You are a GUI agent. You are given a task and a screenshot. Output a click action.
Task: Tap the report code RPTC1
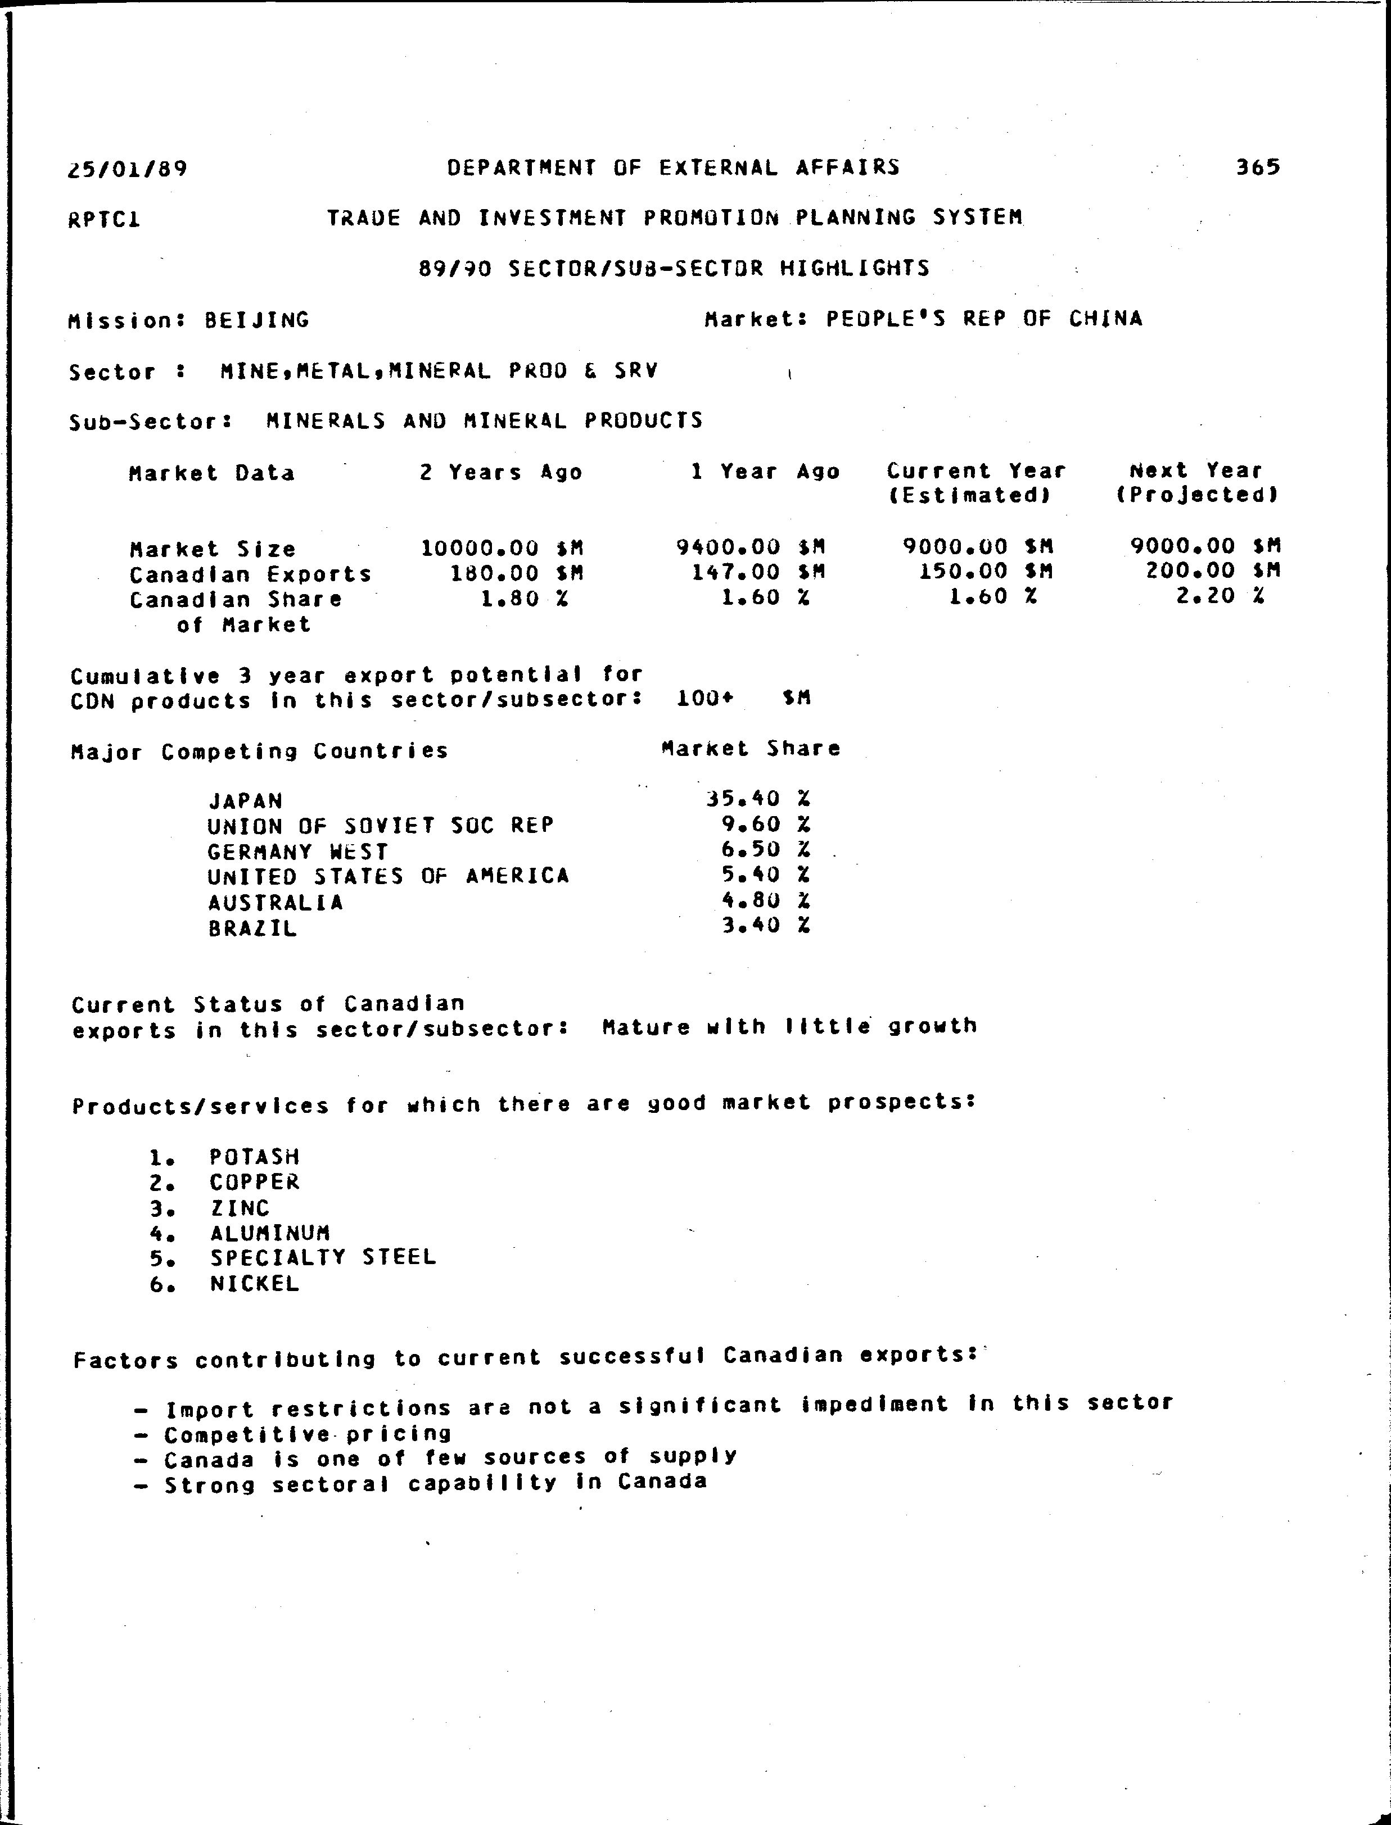[105, 220]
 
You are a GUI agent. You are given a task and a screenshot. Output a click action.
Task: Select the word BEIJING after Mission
[257, 320]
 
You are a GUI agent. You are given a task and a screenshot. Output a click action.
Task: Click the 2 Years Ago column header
[501, 473]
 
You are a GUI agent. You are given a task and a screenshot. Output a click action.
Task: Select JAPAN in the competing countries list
[245, 801]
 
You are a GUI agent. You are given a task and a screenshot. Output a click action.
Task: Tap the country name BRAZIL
[252, 928]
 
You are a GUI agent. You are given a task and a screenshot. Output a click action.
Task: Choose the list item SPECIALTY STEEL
[323, 1257]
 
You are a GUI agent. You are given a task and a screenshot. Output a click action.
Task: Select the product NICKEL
[254, 1284]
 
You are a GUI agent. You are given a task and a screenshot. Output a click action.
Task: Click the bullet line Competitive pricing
[307, 1433]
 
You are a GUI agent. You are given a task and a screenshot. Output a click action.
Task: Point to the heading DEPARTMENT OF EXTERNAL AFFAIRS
[673, 168]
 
